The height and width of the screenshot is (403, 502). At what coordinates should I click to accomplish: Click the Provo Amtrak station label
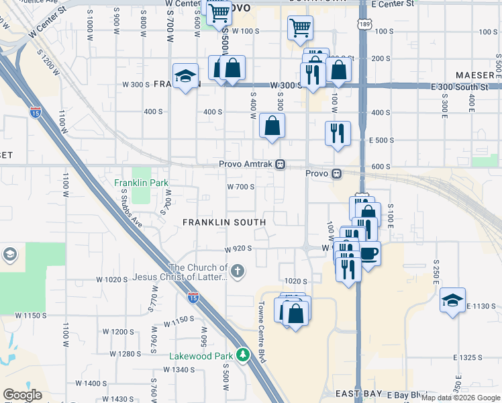(x=246, y=165)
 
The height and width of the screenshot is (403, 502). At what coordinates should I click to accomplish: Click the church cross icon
(x=237, y=271)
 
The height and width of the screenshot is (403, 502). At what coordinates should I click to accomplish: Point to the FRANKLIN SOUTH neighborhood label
(x=224, y=222)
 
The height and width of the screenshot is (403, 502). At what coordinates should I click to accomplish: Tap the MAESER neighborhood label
(x=474, y=75)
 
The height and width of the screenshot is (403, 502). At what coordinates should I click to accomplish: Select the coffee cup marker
(x=370, y=254)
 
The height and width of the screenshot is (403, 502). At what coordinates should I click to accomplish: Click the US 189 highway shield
(x=363, y=24)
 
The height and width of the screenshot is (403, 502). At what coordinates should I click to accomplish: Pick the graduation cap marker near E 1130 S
(x=453, y=301)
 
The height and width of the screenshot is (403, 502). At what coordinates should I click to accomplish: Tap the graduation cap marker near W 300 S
(x=185, y=77)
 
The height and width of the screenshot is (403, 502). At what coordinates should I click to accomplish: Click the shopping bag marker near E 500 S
(x=272, y=126)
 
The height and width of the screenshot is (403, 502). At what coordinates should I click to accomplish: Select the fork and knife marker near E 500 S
(x=338, y=132)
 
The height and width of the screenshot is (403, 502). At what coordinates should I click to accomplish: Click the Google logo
(x=22, y=395)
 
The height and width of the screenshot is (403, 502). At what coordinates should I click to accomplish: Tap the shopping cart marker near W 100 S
(x=300, y=28)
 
